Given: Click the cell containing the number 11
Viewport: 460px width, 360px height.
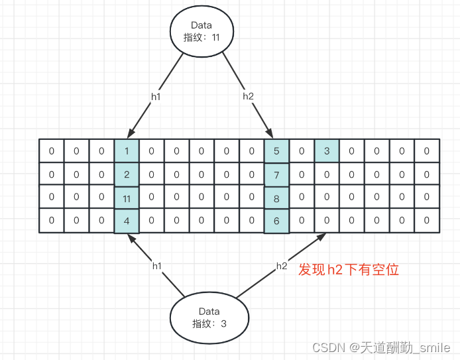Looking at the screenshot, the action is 127,197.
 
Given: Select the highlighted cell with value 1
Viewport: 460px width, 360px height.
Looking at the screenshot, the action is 127,151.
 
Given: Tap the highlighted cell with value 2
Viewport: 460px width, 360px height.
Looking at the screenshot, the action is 127,174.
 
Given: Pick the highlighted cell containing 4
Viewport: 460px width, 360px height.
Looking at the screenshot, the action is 127,220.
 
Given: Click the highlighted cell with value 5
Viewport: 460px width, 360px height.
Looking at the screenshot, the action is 276,151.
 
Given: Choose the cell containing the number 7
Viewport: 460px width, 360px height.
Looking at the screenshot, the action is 276,174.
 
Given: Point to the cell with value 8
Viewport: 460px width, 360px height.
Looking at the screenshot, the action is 276,197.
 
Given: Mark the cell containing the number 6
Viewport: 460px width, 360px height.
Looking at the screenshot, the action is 276,220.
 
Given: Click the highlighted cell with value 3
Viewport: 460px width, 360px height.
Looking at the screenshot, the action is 327,151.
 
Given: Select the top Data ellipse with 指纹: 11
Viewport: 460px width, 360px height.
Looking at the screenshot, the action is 201,31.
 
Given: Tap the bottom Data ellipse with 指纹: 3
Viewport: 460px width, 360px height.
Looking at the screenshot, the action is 209,318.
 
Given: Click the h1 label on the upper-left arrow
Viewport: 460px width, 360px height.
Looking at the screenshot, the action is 156,96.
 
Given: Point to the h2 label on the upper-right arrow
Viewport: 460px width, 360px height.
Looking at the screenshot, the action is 248,96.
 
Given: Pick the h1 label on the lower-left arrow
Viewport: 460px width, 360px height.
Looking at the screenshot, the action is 157,266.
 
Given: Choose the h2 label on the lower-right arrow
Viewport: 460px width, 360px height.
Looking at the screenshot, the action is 282,266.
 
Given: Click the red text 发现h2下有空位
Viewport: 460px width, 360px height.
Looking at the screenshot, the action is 349,270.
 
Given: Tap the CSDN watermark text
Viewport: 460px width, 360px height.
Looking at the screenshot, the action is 381,347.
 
